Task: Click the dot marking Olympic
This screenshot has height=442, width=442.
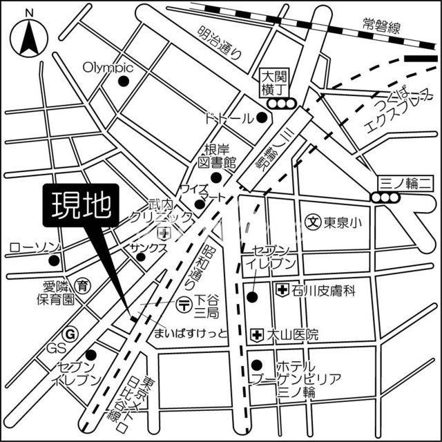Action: pos(124,81)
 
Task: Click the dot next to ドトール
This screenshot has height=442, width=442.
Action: pos(262,117)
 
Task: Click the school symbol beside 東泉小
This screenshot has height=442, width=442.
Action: pos(313,222)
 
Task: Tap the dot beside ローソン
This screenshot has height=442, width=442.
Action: pos(54,261)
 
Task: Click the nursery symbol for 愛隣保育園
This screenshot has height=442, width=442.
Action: pos(83,284)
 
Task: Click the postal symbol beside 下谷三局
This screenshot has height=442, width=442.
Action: pos(183,302)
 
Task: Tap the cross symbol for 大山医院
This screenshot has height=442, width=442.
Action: pos(258,335)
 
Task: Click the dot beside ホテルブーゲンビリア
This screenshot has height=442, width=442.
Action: pos(257,365)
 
